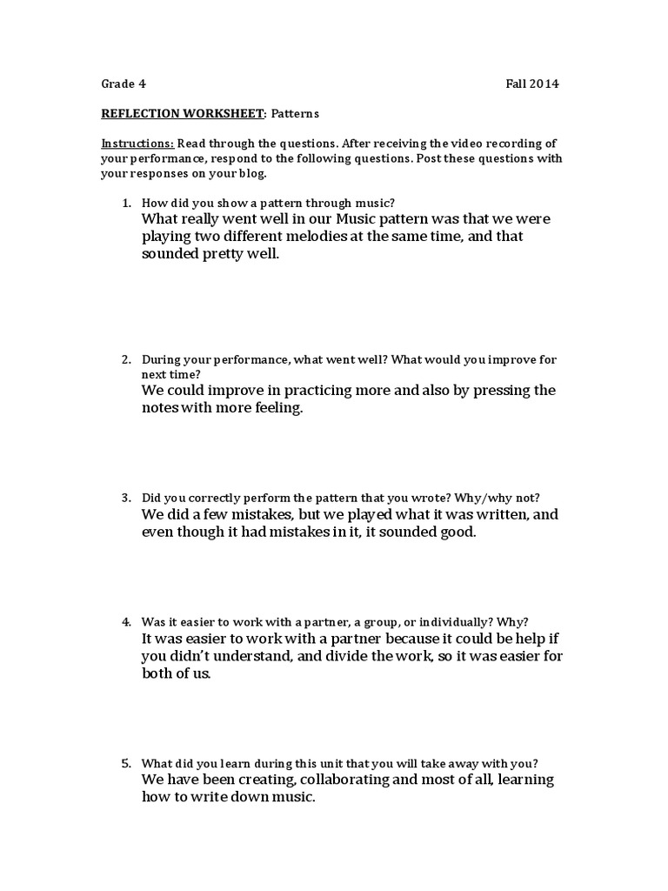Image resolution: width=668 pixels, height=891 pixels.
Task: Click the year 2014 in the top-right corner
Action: coord(545,84)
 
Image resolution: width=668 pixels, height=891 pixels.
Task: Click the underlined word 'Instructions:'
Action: coord(137,143)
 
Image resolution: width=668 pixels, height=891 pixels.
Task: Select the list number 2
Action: coord(125,358)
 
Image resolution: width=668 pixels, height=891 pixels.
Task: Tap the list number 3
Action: coord(125,498)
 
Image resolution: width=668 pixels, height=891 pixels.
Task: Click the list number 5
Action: coord(125,762)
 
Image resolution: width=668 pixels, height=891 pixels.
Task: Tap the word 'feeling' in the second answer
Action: coord(277,408)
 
